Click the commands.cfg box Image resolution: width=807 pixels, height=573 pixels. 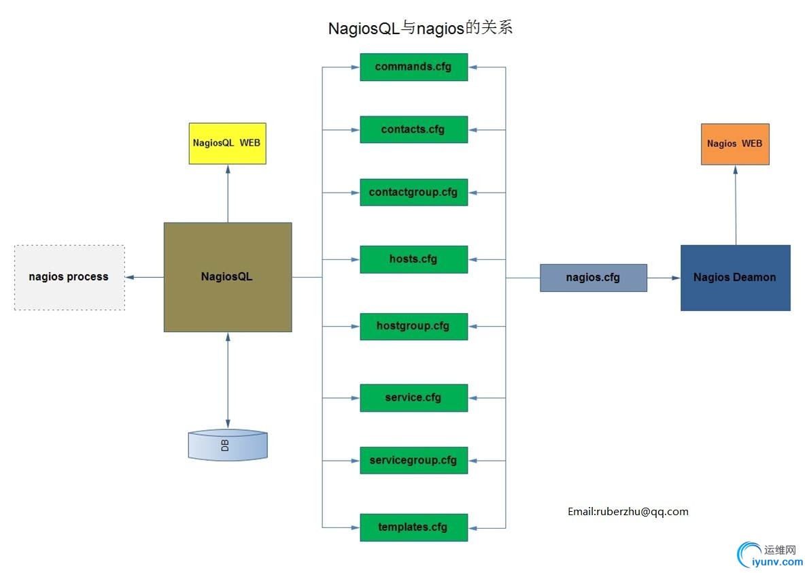pyautogui.click(x=413, y=67)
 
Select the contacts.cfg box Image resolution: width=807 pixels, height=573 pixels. pyautogui.click(x=413, y=129)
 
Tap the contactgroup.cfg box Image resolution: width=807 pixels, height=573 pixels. pyautogui.click(x=413, y=192)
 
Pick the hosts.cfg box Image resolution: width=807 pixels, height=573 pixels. pyautogui.click(x=413, y=259)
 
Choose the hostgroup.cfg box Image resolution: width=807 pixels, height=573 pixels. pyautogui.click(x=413, y=326)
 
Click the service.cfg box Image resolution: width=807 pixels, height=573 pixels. pyautogui.click(x=413, y=397)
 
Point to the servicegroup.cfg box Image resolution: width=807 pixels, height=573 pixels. pyautogui.click(x=413, y=460)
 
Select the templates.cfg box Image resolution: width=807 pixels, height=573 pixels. pyautogui.click(x=413, y=527)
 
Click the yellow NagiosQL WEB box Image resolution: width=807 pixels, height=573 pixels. pyautogui.click(x=227, y=144)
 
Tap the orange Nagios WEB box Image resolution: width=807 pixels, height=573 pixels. pyautogui.click(x=735, y=144)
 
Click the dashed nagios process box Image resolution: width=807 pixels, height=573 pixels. pyautogui.click(x=69, y=277)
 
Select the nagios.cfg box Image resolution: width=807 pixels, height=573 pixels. pyautogui.click(x=593, y=278)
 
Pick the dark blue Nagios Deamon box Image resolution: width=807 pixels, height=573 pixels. pyautogui.click(x=735, y=278)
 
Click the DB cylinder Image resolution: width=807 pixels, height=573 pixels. pyautogui.click(x=227, y=445)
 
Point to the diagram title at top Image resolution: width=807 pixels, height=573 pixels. pyautogui.click(x=419, y=29)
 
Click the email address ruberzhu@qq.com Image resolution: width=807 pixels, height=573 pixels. pyautogui.click(x=628, y=512)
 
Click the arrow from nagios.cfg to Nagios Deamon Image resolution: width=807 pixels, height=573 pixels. pyautogui.click(x=664, y=278)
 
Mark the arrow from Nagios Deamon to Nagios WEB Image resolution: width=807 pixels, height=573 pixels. pyautogui.click(x=736, y=204)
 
